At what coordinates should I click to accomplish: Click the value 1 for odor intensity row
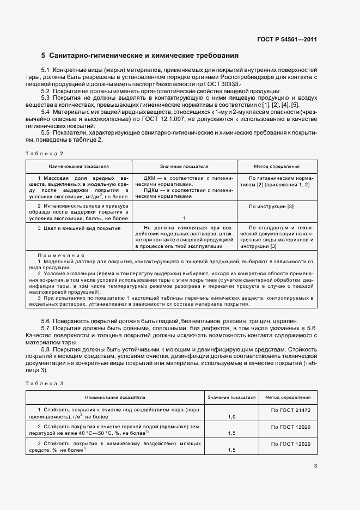[x=184, y=218]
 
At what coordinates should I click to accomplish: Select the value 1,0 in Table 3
[x=231, y=416]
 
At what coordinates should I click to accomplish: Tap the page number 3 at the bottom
[x=315, y=465]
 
